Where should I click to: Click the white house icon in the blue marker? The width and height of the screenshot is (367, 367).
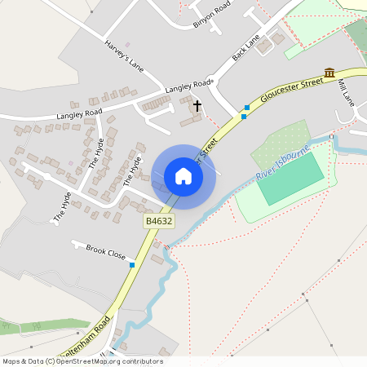point(183,176)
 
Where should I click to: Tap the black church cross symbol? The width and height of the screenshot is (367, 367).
point(197,106)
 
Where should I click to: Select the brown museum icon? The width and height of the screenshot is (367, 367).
point(329,73)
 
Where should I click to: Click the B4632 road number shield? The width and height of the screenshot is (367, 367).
point(159,221)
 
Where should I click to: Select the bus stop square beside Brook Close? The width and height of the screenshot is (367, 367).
point(131,264)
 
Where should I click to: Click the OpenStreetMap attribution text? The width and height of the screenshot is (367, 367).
point(82,361)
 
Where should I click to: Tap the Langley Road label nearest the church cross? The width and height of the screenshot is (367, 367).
point(188,85)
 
